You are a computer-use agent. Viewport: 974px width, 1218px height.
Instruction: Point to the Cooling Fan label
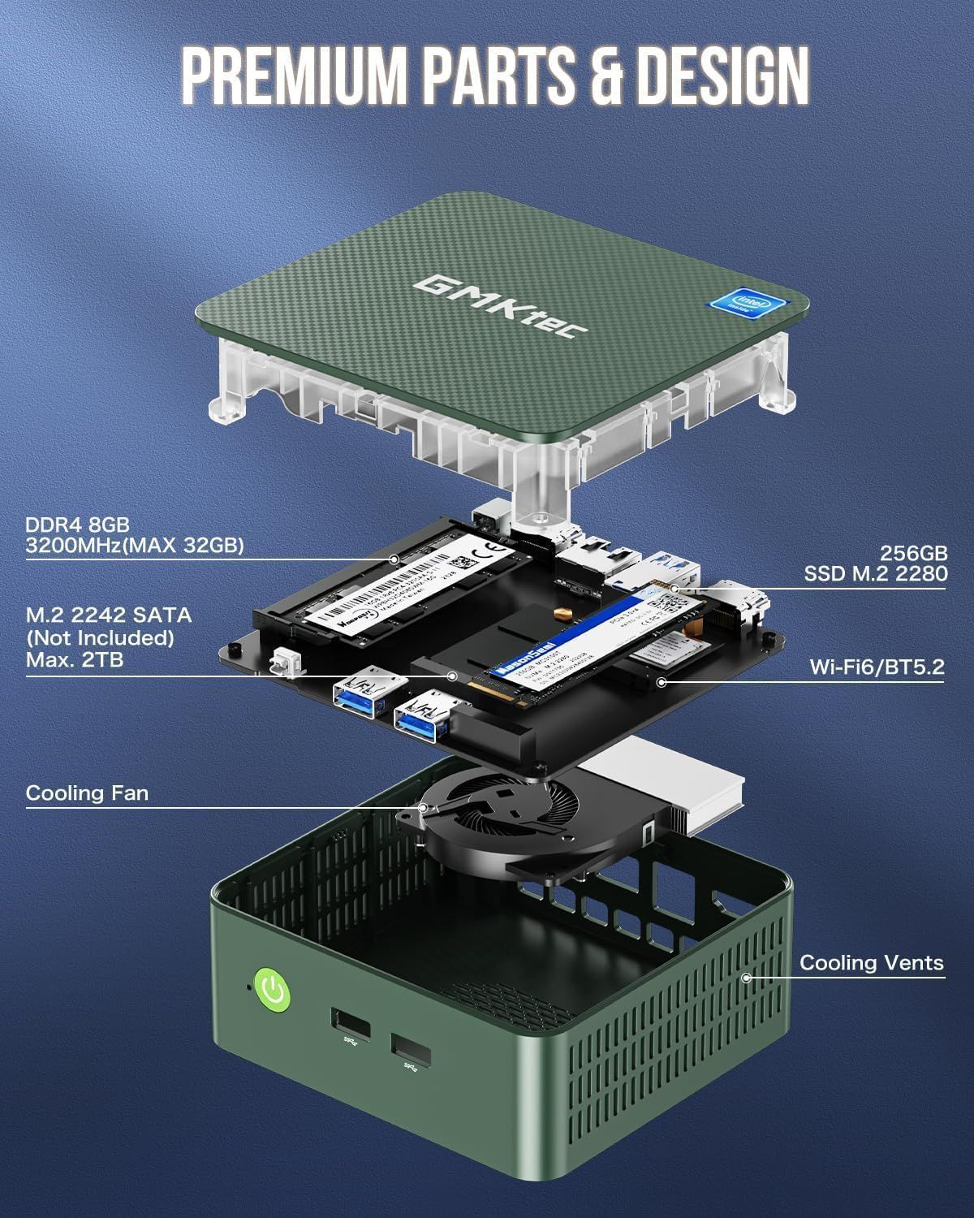[88, 793]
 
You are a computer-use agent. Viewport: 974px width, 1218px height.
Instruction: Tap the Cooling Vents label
[872, 963]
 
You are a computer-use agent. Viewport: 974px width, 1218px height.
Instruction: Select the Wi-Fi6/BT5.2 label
[877, 667]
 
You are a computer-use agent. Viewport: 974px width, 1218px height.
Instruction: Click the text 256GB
[914, 553]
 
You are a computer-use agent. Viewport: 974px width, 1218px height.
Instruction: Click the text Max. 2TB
[75, 659]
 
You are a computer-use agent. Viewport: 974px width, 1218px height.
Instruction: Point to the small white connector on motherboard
[282, 662]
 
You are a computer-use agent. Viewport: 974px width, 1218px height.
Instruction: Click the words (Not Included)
[101, 637]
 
